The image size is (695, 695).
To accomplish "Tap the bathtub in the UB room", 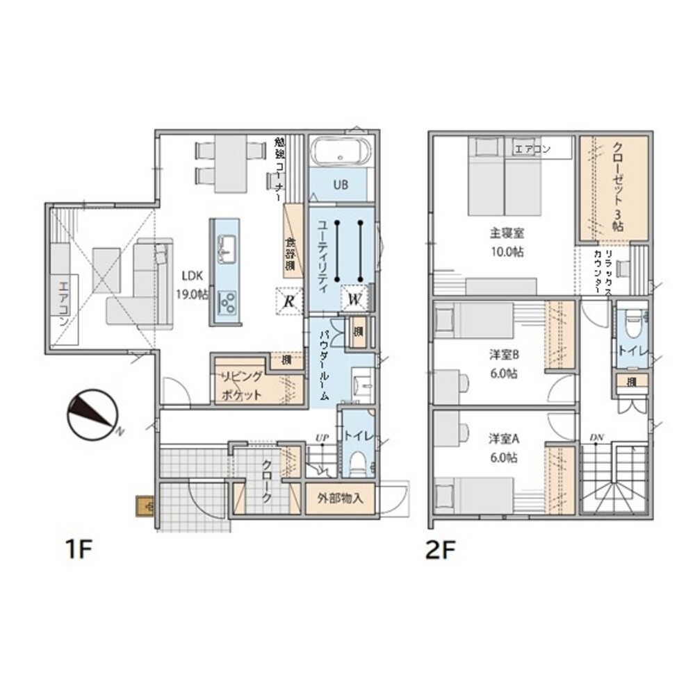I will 341,152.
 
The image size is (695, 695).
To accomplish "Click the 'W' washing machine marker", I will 353,300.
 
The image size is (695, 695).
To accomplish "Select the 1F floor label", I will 79,550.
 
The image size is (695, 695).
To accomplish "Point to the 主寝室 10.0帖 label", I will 505,242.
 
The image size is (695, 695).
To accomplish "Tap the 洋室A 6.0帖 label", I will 505,448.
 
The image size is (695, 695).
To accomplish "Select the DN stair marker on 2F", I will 596,437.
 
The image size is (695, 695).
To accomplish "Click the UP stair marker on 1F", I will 322,437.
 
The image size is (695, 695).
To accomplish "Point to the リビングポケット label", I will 241,386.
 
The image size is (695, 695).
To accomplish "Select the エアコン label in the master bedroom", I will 532,149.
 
